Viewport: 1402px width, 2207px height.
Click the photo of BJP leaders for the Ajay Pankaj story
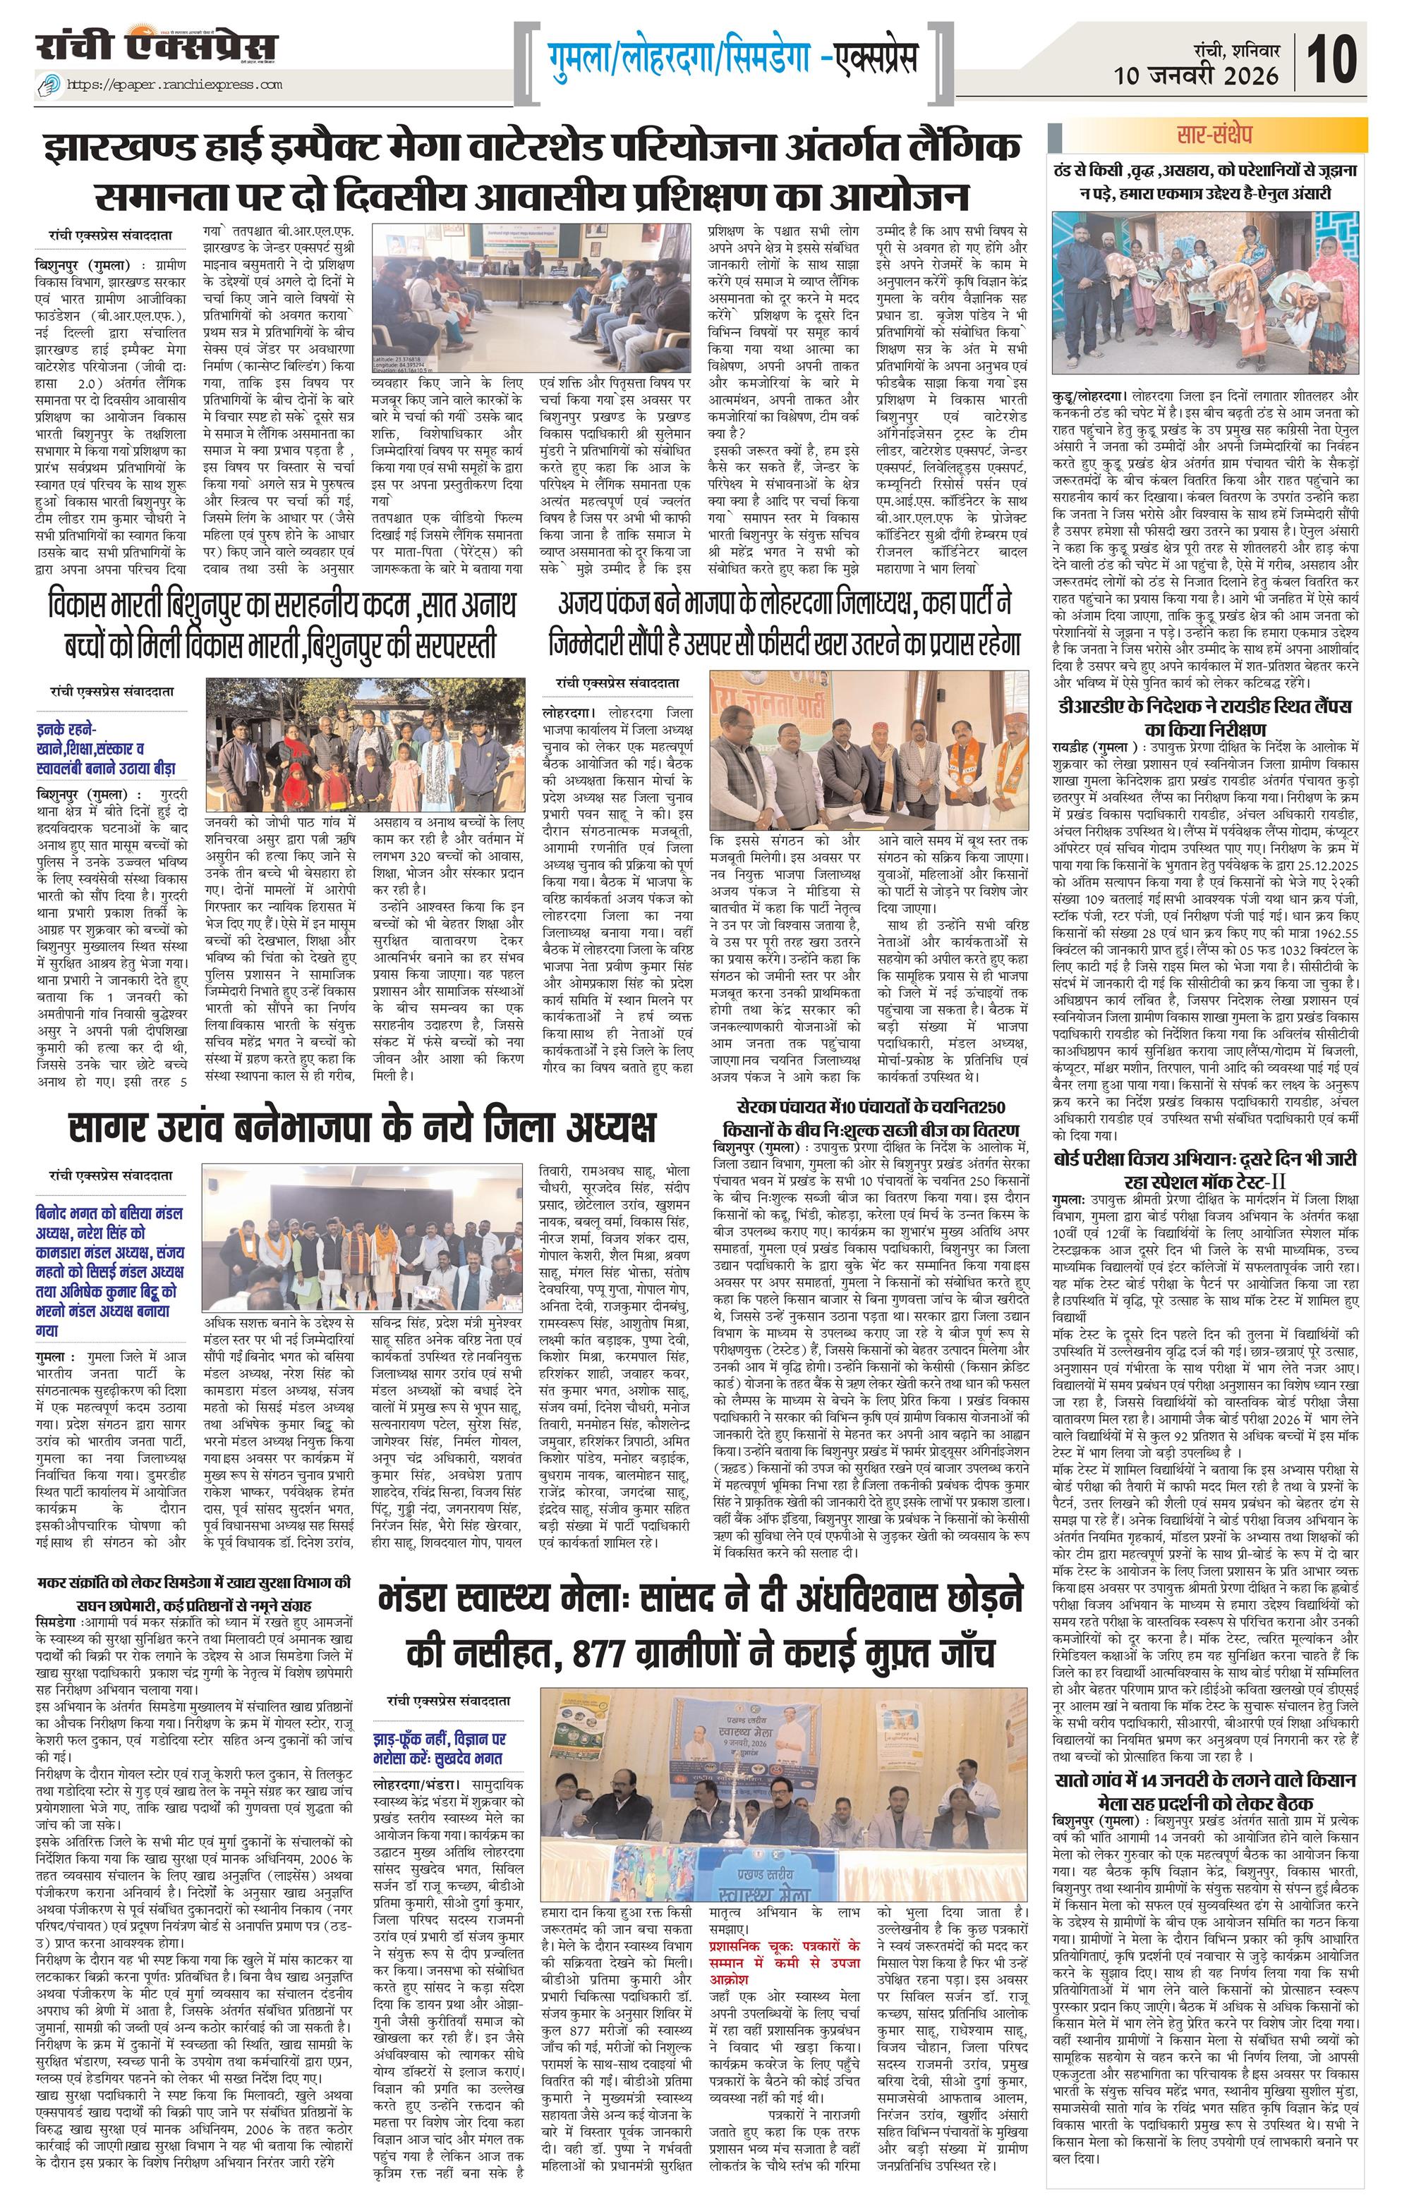(869, 750)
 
